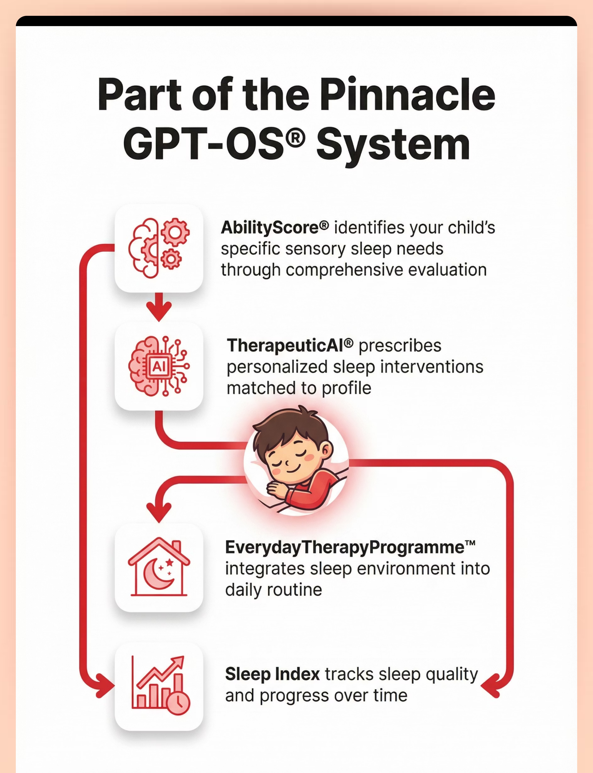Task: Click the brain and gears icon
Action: coord(159,248)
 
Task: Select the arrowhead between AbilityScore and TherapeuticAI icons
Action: coord(159,311)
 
